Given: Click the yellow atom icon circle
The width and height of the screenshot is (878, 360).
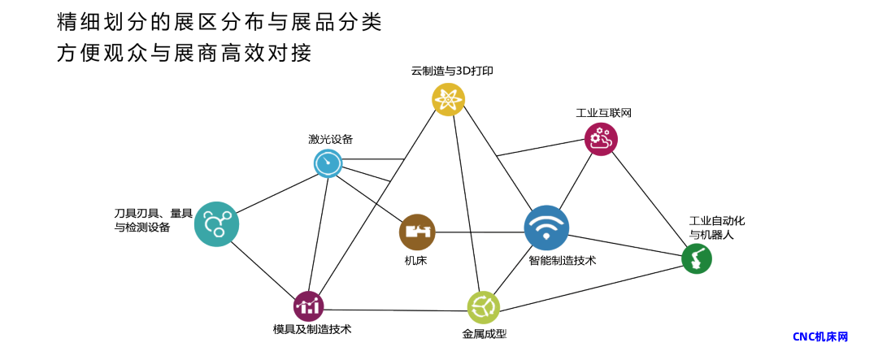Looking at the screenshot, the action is pyautogui.click(x=449, y=100).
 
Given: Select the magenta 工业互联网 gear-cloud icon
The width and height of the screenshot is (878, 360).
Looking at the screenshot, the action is pyautogui.click(x=601, y=139).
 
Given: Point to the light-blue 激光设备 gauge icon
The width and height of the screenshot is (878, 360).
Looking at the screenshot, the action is pyautogui.click(x=328, y=164).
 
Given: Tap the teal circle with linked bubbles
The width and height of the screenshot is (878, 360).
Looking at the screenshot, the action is pyautogui.click(x=217, y=224).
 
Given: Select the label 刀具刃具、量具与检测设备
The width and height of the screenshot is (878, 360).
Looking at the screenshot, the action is pyautogui.click(x=153, y=220).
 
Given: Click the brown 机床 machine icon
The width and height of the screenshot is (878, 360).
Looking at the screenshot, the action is pyautogui.click(x=417, y=232).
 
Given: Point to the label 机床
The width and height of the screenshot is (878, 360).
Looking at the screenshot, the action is pyautogui.click(x=415, y=260).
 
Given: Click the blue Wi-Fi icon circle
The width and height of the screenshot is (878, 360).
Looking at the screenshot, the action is pyautogui.click(x=546, y=228).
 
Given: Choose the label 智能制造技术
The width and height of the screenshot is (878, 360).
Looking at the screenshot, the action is pyautogui.click(x=563, y=261).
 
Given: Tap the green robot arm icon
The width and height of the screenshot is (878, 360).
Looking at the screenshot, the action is pyautogui.click(x=697, y=259).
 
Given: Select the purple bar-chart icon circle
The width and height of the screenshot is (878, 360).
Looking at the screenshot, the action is pyautogui.click(x=309, y=306).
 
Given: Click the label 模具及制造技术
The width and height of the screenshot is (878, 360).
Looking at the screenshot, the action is pyautogui.click(x=312, y=329).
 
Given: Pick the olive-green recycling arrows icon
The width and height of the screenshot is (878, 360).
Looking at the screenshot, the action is pyautogui.click(x=484, y=307).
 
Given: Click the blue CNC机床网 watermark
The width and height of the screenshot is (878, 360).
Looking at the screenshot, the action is pyautogui.click(x=820, y=336).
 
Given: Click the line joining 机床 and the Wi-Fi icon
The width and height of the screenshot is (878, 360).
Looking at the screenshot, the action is pyautogui.click(x=480, y=232).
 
